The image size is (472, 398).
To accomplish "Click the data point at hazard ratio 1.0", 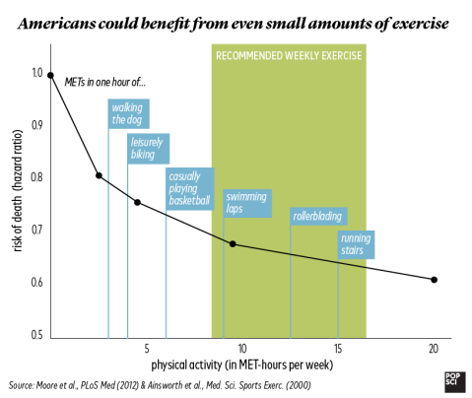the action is pos(50,76).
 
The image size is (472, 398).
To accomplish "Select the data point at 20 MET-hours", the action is pos(434,280).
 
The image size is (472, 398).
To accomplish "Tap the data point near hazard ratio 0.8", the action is pos(99,175).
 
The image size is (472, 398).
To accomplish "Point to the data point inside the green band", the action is pos(233,244).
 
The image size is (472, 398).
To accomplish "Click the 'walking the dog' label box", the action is pos(129,113).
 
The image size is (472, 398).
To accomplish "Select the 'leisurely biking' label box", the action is pos(149,149).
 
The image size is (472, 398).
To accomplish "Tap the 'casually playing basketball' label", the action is pos(190,189).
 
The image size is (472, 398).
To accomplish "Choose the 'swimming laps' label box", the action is pos(247,203).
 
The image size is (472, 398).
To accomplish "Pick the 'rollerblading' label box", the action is pos(318,216).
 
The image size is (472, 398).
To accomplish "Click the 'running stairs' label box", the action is pos(357,244).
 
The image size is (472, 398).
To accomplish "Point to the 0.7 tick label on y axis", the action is pos(37,230).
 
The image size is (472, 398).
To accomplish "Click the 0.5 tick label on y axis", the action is pos(37,335).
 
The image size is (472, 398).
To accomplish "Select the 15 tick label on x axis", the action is pos(338,349).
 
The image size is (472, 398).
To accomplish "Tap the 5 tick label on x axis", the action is pos(147,349).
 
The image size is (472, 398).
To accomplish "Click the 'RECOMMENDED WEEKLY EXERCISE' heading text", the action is pos(289,55).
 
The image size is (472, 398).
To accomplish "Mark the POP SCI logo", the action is pos(455,382).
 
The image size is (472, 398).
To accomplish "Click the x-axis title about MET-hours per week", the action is pos(242,365).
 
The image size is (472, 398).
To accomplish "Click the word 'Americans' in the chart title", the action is pos(56,24).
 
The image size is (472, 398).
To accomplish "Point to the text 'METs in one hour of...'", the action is pos(105,82).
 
